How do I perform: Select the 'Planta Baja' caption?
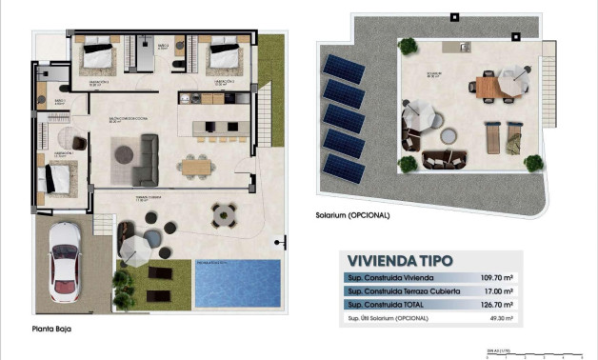50,330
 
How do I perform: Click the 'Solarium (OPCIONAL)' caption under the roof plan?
352,215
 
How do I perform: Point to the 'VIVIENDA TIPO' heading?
400,260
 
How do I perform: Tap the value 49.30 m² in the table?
501,318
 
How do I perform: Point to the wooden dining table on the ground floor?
196,166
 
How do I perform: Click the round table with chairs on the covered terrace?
225,214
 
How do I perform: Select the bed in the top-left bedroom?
97,57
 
